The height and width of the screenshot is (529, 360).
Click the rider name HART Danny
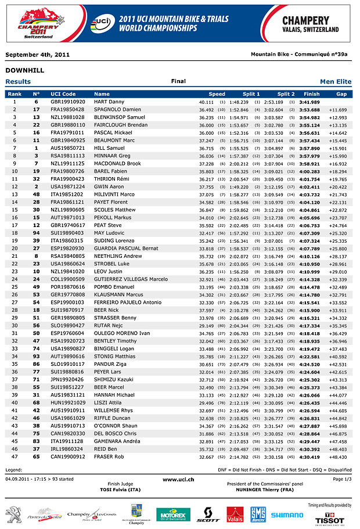(109, 102)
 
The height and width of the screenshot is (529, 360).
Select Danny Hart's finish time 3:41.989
(309, 102)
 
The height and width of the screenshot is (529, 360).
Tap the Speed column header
(217, 93)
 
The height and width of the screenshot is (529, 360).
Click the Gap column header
(341, 93)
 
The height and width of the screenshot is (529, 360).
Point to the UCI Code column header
(63, 93)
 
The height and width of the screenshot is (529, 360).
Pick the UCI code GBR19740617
(67, 225)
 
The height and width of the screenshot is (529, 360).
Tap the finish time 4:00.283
(309, 171)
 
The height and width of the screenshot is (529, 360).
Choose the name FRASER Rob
(109, 457)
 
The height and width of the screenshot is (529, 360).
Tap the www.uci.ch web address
(178, 480)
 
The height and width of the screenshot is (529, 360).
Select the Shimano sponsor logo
(287, 514)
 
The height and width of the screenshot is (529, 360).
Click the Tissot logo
(329, 518)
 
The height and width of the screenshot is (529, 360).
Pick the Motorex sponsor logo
(173, 514)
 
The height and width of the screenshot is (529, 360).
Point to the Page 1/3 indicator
(342, 479)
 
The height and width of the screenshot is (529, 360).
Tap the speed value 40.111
(207, 102)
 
